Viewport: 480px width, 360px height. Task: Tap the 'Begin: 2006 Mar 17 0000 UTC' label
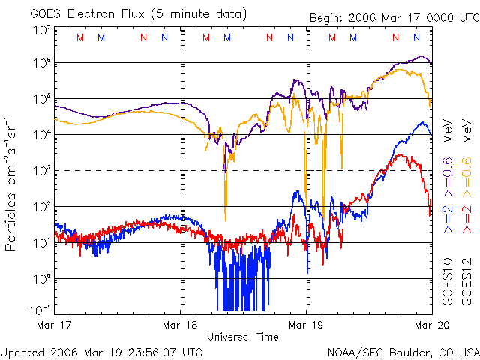point(393,18)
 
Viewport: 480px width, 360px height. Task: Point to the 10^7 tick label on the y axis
point(41,30)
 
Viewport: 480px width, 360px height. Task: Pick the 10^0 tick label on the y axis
point(41,278)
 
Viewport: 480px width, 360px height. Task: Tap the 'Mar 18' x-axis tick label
point(181,324)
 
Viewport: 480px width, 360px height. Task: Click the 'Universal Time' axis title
point(243,337)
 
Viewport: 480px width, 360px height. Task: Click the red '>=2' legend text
point(466,218)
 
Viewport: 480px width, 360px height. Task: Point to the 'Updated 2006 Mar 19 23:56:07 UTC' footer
point(101,351)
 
